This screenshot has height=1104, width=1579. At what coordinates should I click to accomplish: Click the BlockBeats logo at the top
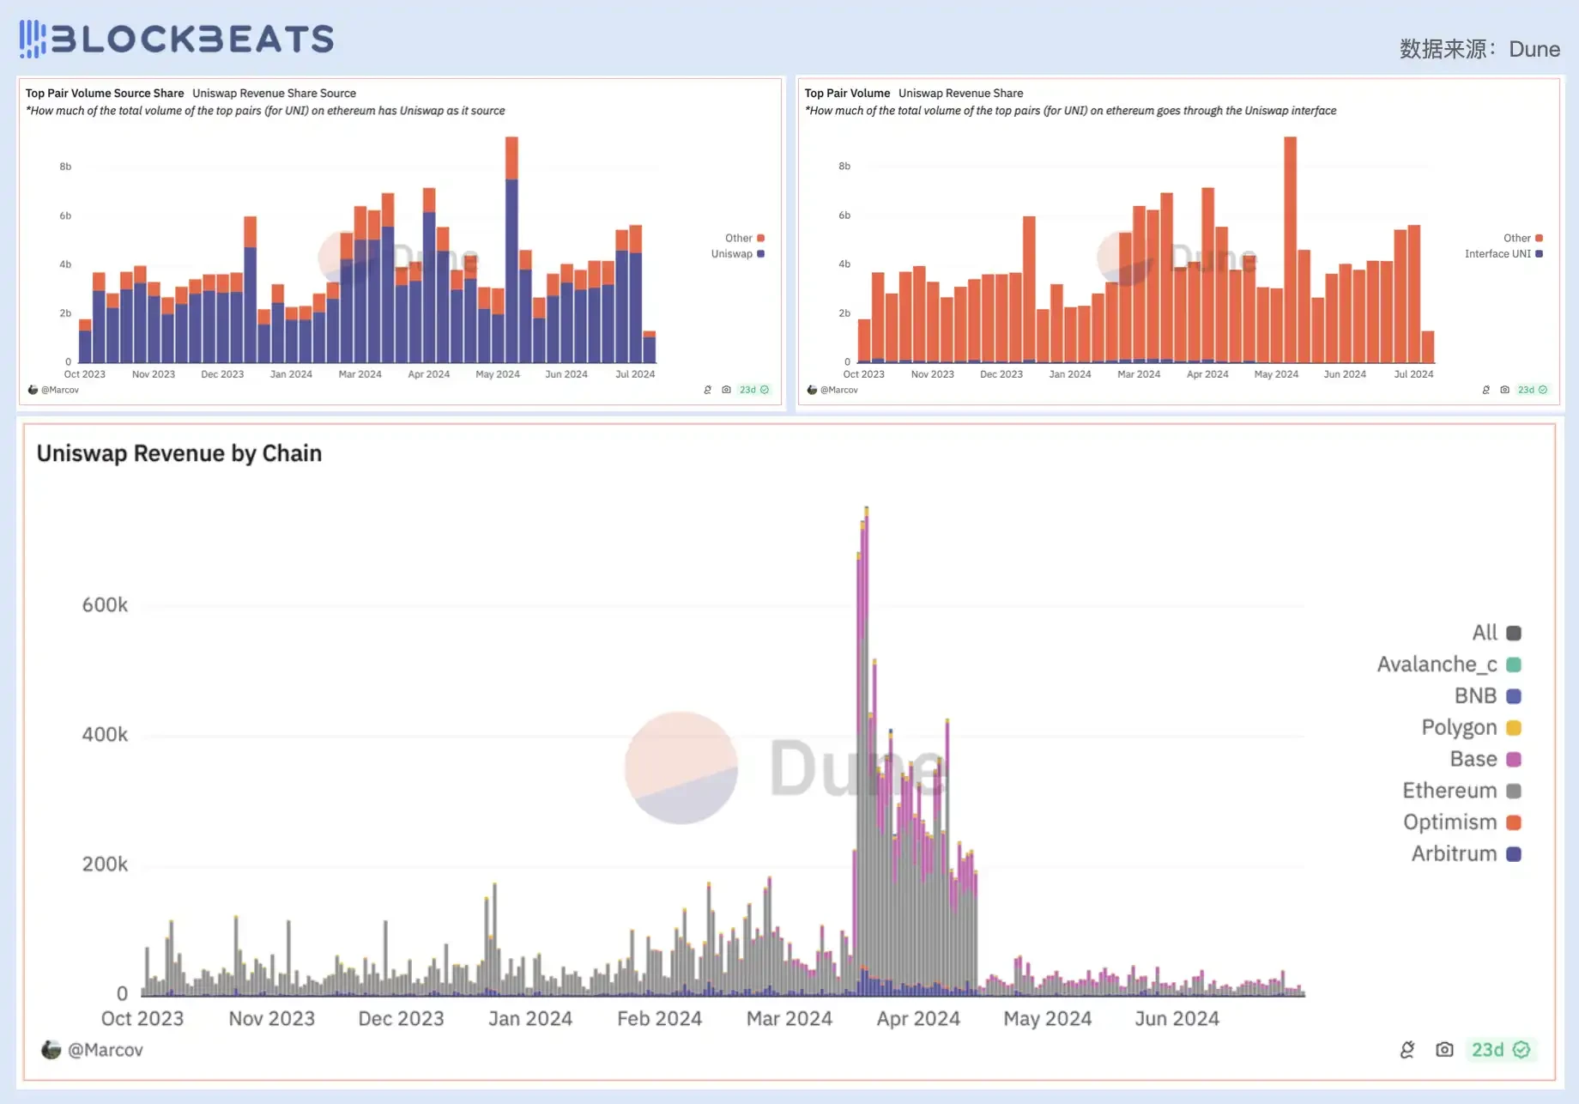coord(177,39)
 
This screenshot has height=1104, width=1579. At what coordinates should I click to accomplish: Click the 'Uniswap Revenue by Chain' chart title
coord(179,453)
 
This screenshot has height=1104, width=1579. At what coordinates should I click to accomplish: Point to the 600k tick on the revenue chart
coord(105,605)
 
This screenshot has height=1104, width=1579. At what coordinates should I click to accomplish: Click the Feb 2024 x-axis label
coord(659,1019)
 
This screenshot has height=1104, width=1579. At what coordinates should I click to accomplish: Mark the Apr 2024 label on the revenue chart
coord(917,1019)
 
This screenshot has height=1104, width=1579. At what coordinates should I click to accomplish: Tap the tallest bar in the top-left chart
coord(511,249)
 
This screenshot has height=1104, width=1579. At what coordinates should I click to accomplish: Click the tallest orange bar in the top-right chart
coord(1290,249)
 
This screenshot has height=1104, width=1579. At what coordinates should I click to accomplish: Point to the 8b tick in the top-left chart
coord(65,167)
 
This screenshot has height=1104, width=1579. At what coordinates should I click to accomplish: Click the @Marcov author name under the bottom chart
coord(105,1050)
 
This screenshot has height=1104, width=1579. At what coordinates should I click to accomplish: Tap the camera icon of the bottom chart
coord(1444,1050)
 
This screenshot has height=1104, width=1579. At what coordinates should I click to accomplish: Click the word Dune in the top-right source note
coord(1534,50)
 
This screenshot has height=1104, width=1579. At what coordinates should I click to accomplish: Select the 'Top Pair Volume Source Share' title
coord(105,94)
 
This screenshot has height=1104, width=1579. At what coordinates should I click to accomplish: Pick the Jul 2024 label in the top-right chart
coord(1413,374)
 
